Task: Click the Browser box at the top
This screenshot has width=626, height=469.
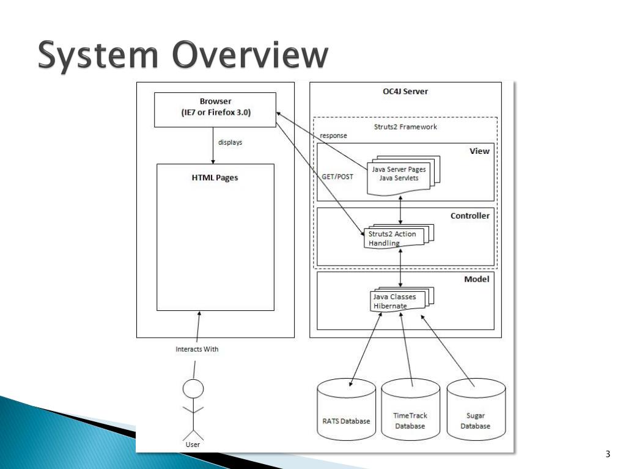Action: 215,109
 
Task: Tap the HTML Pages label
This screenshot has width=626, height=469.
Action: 215,178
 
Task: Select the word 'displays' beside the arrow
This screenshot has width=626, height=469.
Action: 230,142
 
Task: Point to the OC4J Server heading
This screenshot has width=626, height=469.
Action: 401,92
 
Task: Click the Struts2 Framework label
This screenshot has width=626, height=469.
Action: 405,127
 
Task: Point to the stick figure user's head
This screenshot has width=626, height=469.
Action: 193,388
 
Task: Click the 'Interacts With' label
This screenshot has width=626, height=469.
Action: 197,349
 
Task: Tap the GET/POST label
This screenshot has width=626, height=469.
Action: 337,176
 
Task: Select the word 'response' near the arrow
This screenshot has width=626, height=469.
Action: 333,136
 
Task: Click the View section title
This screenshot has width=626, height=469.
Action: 479,151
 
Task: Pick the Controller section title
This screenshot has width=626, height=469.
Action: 470,216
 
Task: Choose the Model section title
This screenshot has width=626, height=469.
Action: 477,278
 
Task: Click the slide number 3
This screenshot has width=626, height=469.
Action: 607,454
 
